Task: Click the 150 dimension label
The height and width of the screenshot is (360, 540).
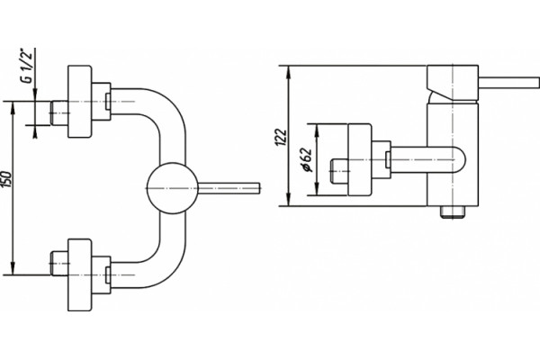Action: (x=7, y=179)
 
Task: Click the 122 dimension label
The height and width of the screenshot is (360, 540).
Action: (x=281, y=137)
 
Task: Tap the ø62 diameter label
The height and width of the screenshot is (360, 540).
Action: (x=306, y=159)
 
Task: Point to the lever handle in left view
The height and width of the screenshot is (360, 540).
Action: (x=229, y=188)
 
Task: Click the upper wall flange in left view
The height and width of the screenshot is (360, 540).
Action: (x=80, y=102)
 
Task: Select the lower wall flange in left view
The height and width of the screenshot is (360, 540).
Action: (x=80, y=274)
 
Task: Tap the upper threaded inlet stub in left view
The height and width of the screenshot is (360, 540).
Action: (x=59, y=113)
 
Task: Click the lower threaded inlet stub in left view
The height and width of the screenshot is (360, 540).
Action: (x=59, y=263)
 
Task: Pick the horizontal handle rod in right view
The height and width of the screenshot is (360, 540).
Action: (x=508, y=83)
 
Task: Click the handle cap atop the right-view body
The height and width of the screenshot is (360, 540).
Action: (x=453, y=83)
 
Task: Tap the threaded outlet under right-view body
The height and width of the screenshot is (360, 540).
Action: (x=453, y=212)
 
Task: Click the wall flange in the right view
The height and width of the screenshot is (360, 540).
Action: (x=360, y=160)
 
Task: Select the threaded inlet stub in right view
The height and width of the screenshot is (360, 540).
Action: (x=339, y=171)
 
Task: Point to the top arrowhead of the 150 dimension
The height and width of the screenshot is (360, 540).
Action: (x=13, y=107)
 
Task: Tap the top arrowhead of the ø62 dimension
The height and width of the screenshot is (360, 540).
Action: (x=317, y=129)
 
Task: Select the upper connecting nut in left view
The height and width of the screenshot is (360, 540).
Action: (x=101, y=102)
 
